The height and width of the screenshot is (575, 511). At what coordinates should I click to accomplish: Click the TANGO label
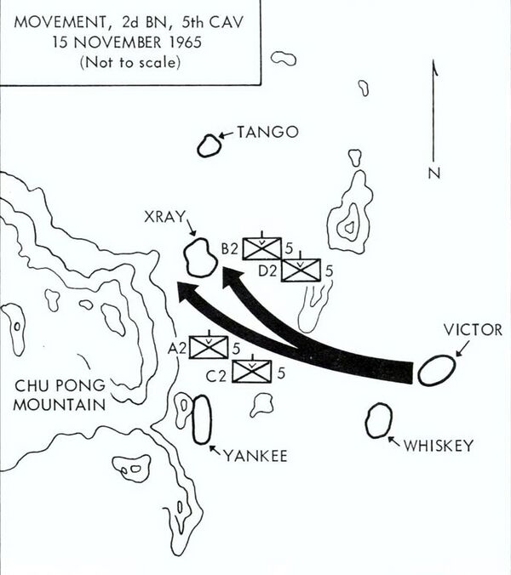pos(268,132)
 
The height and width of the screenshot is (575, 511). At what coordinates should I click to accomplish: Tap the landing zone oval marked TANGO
pos(210,146)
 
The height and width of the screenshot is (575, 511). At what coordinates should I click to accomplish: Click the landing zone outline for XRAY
pos(202,257)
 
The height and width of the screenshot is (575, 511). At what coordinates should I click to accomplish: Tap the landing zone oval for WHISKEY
pos(378,422)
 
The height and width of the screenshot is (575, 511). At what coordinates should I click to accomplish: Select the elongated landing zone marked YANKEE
pos(202,419)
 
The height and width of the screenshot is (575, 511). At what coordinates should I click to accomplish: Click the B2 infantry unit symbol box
pos(262,248)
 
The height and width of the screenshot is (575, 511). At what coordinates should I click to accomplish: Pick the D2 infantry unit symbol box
pos(301,270)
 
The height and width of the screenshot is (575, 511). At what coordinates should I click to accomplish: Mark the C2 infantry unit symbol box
pos(251,370)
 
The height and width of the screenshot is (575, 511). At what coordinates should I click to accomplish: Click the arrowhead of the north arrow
pos(435,65)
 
